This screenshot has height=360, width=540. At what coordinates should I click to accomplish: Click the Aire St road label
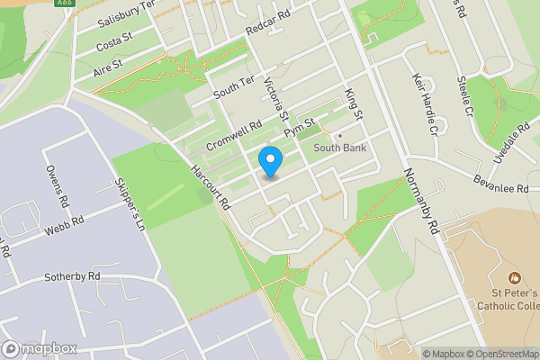coord(107,66)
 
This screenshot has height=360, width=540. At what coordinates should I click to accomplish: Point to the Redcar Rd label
coord(269,26)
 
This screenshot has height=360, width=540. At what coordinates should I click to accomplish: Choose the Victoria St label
coord(275,100)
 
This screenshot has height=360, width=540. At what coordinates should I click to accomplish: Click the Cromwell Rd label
coord(233,136)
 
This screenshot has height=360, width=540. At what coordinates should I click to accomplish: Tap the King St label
coord(353,104)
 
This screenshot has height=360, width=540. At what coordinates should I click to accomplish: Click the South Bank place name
coord(339,148)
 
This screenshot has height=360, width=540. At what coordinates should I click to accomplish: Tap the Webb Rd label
coord(65,225)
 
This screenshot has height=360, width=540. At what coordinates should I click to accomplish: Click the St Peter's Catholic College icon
coord(515,277)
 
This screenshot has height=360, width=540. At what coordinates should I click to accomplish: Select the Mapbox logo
coord(39,349)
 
